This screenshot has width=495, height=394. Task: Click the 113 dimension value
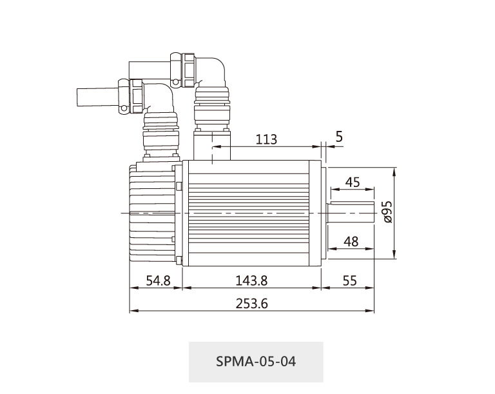coord(266,139)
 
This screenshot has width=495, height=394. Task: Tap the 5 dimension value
coord(339,137)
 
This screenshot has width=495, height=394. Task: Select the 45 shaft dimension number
coord(353,182)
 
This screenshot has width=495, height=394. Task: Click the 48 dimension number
coord(351,242)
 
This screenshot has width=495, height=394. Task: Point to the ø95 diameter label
coord(387,212)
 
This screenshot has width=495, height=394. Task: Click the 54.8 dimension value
coord(158,281)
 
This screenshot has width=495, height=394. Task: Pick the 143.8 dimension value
coord(251,281)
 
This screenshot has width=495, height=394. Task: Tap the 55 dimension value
coord(349,281)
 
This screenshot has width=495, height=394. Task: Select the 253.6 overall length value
coord(251,304)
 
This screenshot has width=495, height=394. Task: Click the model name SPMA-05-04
coord(256,361)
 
